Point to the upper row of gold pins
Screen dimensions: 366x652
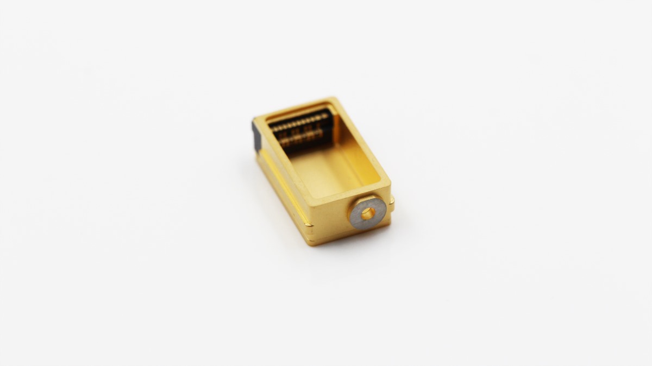pos(301,122)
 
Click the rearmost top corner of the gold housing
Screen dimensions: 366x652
pos(335,100)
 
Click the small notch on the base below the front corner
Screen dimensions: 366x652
pos(309,224)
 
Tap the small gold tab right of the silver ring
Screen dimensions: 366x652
pos(391,205)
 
